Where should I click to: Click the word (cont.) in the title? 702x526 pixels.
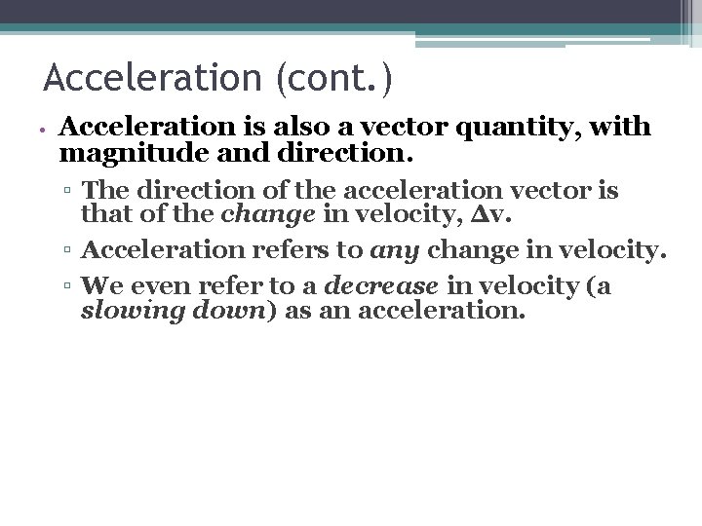[333, 78]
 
